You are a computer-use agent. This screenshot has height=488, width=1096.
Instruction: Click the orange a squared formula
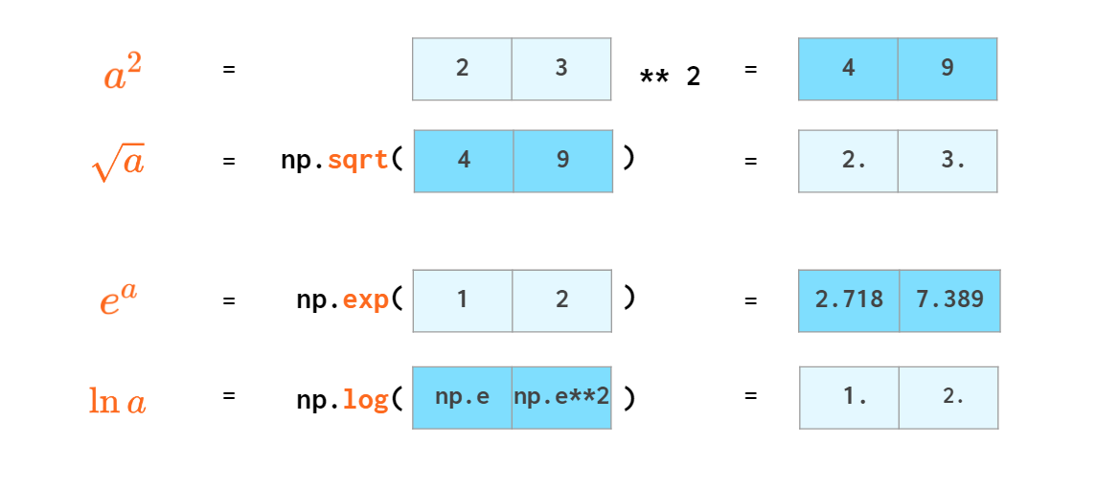(123, 72)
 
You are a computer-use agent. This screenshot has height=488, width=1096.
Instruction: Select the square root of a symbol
(118, 164)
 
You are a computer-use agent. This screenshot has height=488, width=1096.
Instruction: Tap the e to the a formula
(118, 299)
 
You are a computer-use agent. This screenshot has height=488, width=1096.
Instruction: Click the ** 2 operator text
(670, 77)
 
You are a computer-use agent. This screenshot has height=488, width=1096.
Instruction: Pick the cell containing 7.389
(949, 300)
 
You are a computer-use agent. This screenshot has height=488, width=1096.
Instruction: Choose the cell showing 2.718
(849, 300)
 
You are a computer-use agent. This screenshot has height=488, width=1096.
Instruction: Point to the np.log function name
(342, 397)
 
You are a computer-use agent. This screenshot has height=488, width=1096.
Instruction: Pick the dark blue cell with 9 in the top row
(948, 69)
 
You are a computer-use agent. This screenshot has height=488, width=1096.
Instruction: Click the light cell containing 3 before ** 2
(561, 69)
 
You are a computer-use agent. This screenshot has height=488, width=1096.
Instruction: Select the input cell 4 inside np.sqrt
(464, 161)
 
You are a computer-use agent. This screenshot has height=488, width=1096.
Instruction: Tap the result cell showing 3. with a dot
(948, 161)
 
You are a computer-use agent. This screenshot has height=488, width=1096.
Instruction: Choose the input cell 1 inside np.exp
(463, 300)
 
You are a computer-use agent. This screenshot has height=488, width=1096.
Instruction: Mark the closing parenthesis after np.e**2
(628, 397)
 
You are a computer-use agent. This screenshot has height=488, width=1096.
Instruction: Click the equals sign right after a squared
(229, 70)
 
